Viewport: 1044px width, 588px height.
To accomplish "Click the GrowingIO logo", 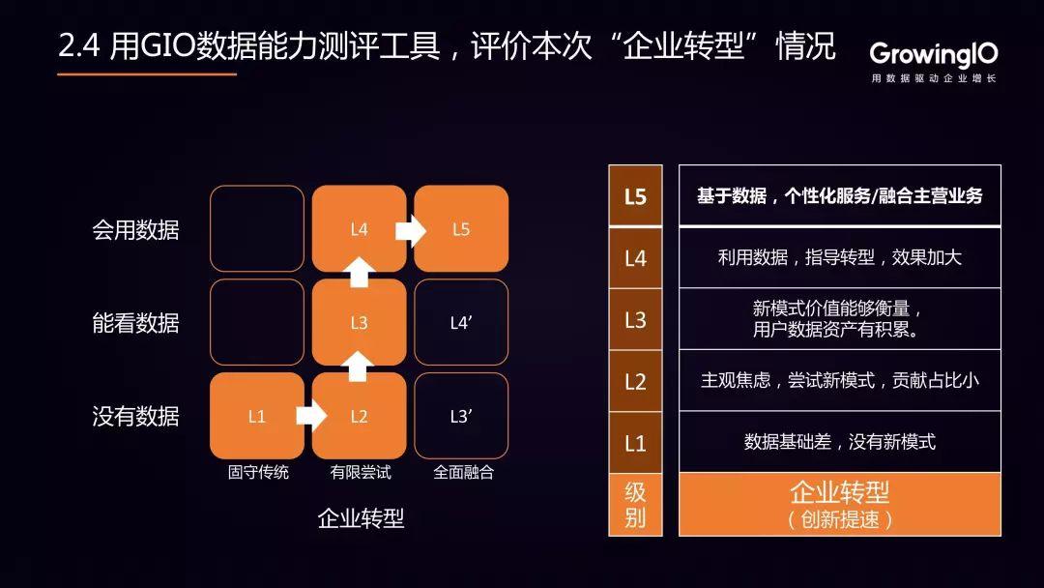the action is [x=934, y=62].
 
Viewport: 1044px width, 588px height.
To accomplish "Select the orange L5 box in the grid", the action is [x=461, y=228].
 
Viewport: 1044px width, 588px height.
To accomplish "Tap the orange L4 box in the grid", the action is [x=359, y=228].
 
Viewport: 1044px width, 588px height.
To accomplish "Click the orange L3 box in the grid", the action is [x=359, y=322].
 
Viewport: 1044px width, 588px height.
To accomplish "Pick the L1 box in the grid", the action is [x=257, y=416].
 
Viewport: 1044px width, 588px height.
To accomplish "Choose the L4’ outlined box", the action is [x=461, y=322].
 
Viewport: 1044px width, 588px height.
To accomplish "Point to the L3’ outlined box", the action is [x=461, y=416].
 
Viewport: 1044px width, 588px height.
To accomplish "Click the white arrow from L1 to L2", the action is [x=311, y=416].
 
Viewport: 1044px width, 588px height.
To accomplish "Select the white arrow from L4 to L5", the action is [x=411, y=230].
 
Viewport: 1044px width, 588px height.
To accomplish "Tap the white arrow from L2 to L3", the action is [x=359, y=367].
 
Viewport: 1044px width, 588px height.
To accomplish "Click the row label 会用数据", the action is [x=136, y=230].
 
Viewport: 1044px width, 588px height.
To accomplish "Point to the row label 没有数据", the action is [x=136, y=416].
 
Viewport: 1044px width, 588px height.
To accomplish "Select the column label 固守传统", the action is [x=258, y=472].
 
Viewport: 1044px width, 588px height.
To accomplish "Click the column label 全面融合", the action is [x=463, y=472].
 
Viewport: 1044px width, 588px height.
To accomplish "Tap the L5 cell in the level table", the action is [x=635, y=195].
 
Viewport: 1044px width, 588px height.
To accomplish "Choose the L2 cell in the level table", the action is [x=635, y=382].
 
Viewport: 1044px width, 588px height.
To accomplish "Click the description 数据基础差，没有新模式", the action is [x=840, y=442].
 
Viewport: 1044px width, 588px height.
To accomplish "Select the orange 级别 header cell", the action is [x=635, y=504].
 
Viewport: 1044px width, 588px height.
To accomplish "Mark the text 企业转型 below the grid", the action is [x=361, y=518].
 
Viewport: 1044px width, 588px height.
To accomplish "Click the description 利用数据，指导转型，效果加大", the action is [x=840, y=257].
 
